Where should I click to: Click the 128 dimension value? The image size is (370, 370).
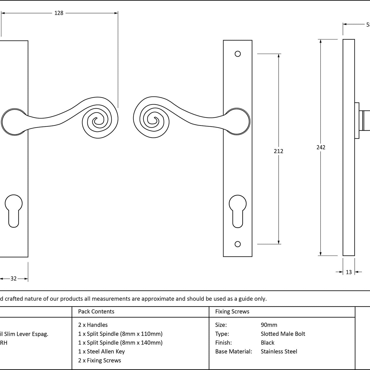click(59, 13)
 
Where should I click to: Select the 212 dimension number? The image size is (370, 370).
click(278, 151)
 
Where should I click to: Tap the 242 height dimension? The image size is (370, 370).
click(321, 147)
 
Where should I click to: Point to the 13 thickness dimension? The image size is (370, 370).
click(349, 272)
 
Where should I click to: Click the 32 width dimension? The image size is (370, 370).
click(13, 278)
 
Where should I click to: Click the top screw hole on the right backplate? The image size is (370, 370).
click(238, 54)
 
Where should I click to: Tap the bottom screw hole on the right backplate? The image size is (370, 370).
click(238, 244)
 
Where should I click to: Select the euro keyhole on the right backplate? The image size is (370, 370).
click(238, 211)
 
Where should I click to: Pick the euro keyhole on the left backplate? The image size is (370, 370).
click(14, 211)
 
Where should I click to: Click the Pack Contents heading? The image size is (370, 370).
click(96, 312)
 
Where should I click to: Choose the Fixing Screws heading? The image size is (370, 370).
click(232, 312)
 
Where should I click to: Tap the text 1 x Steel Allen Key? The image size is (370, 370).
click(101, 351)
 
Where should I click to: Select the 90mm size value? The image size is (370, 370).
click(269, 325)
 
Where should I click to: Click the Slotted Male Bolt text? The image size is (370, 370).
click(283, 334)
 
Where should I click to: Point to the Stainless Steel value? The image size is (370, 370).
click(279, 351)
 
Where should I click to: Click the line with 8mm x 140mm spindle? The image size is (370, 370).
click(120, 343)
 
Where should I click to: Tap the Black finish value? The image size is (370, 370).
click(267, 343)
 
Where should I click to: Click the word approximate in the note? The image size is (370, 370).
click(158, 299)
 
